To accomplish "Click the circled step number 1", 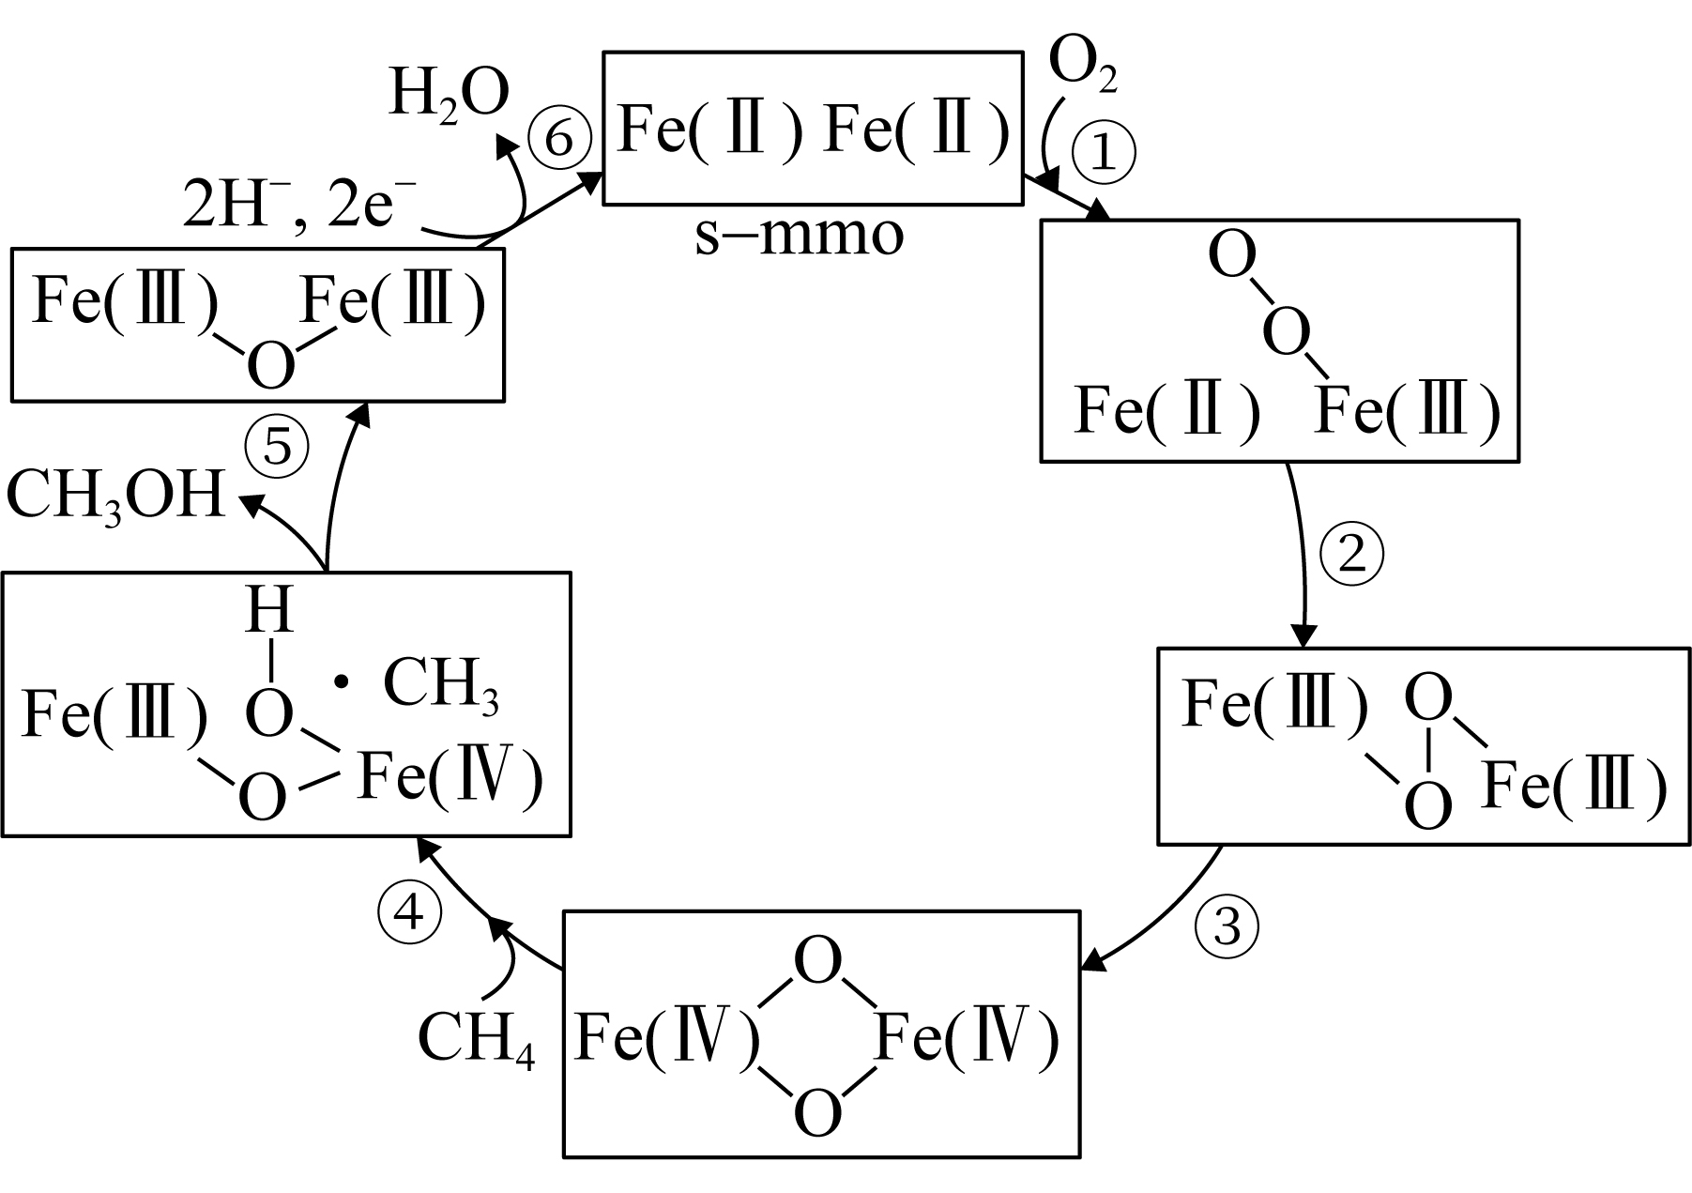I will coord(1104,154).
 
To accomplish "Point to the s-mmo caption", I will coord(799,236).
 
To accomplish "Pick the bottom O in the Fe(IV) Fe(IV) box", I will coord(817,1112).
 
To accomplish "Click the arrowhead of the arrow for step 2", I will coord(1303,635).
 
